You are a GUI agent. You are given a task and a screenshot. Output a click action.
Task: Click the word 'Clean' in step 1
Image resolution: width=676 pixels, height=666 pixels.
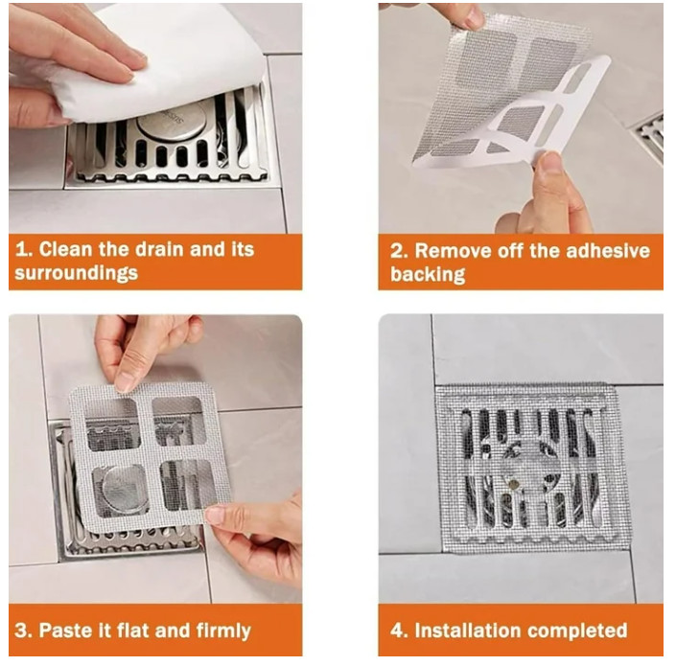(x=65, y=249)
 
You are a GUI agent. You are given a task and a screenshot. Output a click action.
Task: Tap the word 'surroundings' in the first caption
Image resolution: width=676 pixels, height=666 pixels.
(x=77, y=273)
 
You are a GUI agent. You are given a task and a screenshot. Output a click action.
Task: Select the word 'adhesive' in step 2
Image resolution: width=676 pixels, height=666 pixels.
(x=608, y=251)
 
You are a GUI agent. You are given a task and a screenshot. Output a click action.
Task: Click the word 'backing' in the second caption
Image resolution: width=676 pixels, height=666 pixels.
(x=428, y=274)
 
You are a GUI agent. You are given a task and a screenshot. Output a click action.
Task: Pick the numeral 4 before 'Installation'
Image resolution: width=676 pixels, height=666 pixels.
(x=397, y=631)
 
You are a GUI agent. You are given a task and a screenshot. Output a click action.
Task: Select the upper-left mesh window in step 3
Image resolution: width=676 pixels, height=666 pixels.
(x=112, y=425)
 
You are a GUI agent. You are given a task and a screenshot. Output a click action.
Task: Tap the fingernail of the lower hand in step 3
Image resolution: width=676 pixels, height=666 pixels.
(x=215, y=515)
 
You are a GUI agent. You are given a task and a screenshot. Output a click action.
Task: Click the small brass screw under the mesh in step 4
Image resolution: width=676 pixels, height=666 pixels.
(x=513, y=483)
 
